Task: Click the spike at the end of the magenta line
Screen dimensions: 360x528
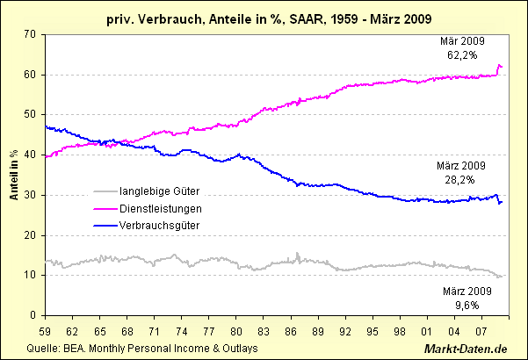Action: click(x=499, y=66)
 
